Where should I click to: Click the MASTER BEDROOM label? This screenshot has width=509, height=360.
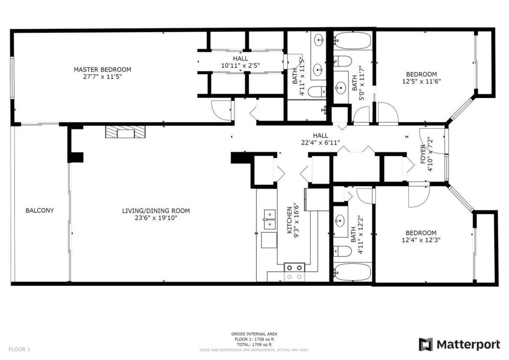click(103, 69)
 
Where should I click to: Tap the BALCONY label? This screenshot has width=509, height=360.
click(40, 210)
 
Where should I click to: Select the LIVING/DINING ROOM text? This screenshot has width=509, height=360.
click(156, 211)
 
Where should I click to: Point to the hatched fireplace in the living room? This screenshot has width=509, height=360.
click(126, 131)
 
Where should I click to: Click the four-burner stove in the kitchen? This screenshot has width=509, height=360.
click(294, 272)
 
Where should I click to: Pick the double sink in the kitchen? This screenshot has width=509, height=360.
click(269, 218)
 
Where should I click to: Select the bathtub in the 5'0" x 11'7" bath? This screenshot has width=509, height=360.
click(352, 41)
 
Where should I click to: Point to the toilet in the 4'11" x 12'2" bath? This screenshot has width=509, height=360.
click(340, 251)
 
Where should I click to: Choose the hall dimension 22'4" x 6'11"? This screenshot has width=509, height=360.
click(321, 143)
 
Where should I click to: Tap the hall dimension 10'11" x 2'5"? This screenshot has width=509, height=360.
click(240, 66)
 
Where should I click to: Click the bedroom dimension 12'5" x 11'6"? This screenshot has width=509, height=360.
click(421, 81)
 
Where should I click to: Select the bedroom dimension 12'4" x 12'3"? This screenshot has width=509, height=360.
click(421, 240)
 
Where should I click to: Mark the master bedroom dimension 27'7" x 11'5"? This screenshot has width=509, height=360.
click(103, 76)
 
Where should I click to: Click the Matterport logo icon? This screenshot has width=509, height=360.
click(425, 344)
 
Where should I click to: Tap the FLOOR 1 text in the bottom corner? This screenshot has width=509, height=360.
click(19, 349)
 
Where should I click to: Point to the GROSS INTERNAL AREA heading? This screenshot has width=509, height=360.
click(254, 333)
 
